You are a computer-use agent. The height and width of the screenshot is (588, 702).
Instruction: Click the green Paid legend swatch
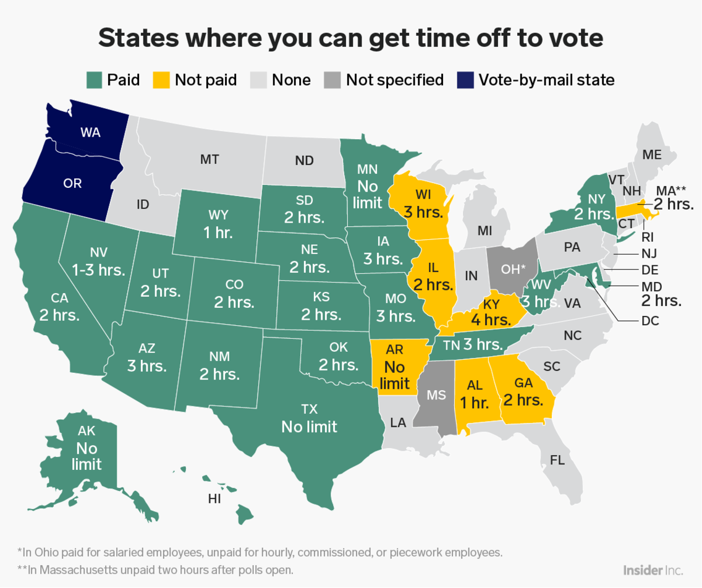[94, 80]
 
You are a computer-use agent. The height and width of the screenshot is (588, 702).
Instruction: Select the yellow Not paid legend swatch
[161, 80]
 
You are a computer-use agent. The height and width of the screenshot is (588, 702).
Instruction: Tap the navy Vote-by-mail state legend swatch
[465, 80]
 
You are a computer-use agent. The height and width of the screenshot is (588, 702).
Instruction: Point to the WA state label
[90, 132]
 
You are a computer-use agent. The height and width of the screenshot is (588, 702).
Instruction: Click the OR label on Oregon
[72, 184]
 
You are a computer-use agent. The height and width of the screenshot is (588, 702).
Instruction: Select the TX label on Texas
[309, 409]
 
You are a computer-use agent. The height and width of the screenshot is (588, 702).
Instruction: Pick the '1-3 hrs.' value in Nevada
[98, 270]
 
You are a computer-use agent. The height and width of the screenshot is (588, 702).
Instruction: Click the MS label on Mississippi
[436, 395]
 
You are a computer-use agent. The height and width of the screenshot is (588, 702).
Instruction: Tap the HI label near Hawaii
[214, 498]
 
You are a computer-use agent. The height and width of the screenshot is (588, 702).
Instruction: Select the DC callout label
[650, 320]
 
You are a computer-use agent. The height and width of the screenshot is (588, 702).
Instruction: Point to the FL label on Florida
[558, 460]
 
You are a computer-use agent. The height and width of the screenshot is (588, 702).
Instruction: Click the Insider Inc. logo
[653, 569]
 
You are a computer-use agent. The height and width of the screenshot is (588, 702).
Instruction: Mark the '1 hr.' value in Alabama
[475, 403]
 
